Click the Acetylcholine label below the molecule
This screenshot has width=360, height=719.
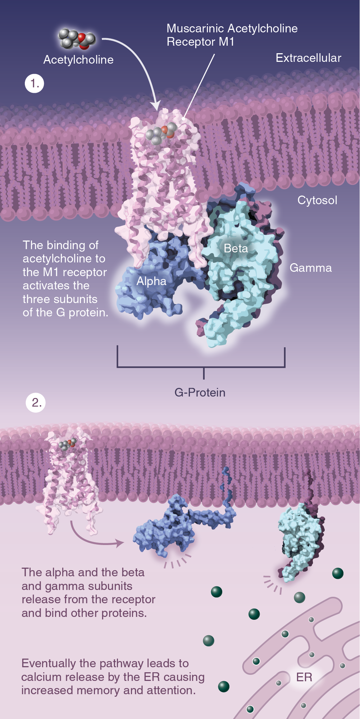78,60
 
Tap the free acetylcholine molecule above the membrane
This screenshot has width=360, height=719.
77,39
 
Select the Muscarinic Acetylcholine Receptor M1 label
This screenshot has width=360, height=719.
232,35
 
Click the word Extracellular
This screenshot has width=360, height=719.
308,58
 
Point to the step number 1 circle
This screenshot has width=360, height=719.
35,83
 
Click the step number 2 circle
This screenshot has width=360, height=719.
36,402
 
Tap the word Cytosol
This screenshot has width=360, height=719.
317,200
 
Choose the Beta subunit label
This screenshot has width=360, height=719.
236,248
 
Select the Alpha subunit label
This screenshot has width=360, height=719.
151,281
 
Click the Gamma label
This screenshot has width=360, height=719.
311,268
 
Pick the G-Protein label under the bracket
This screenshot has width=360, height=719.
200,392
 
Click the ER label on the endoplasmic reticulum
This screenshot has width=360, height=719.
304,677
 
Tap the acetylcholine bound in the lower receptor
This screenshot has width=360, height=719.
68,444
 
